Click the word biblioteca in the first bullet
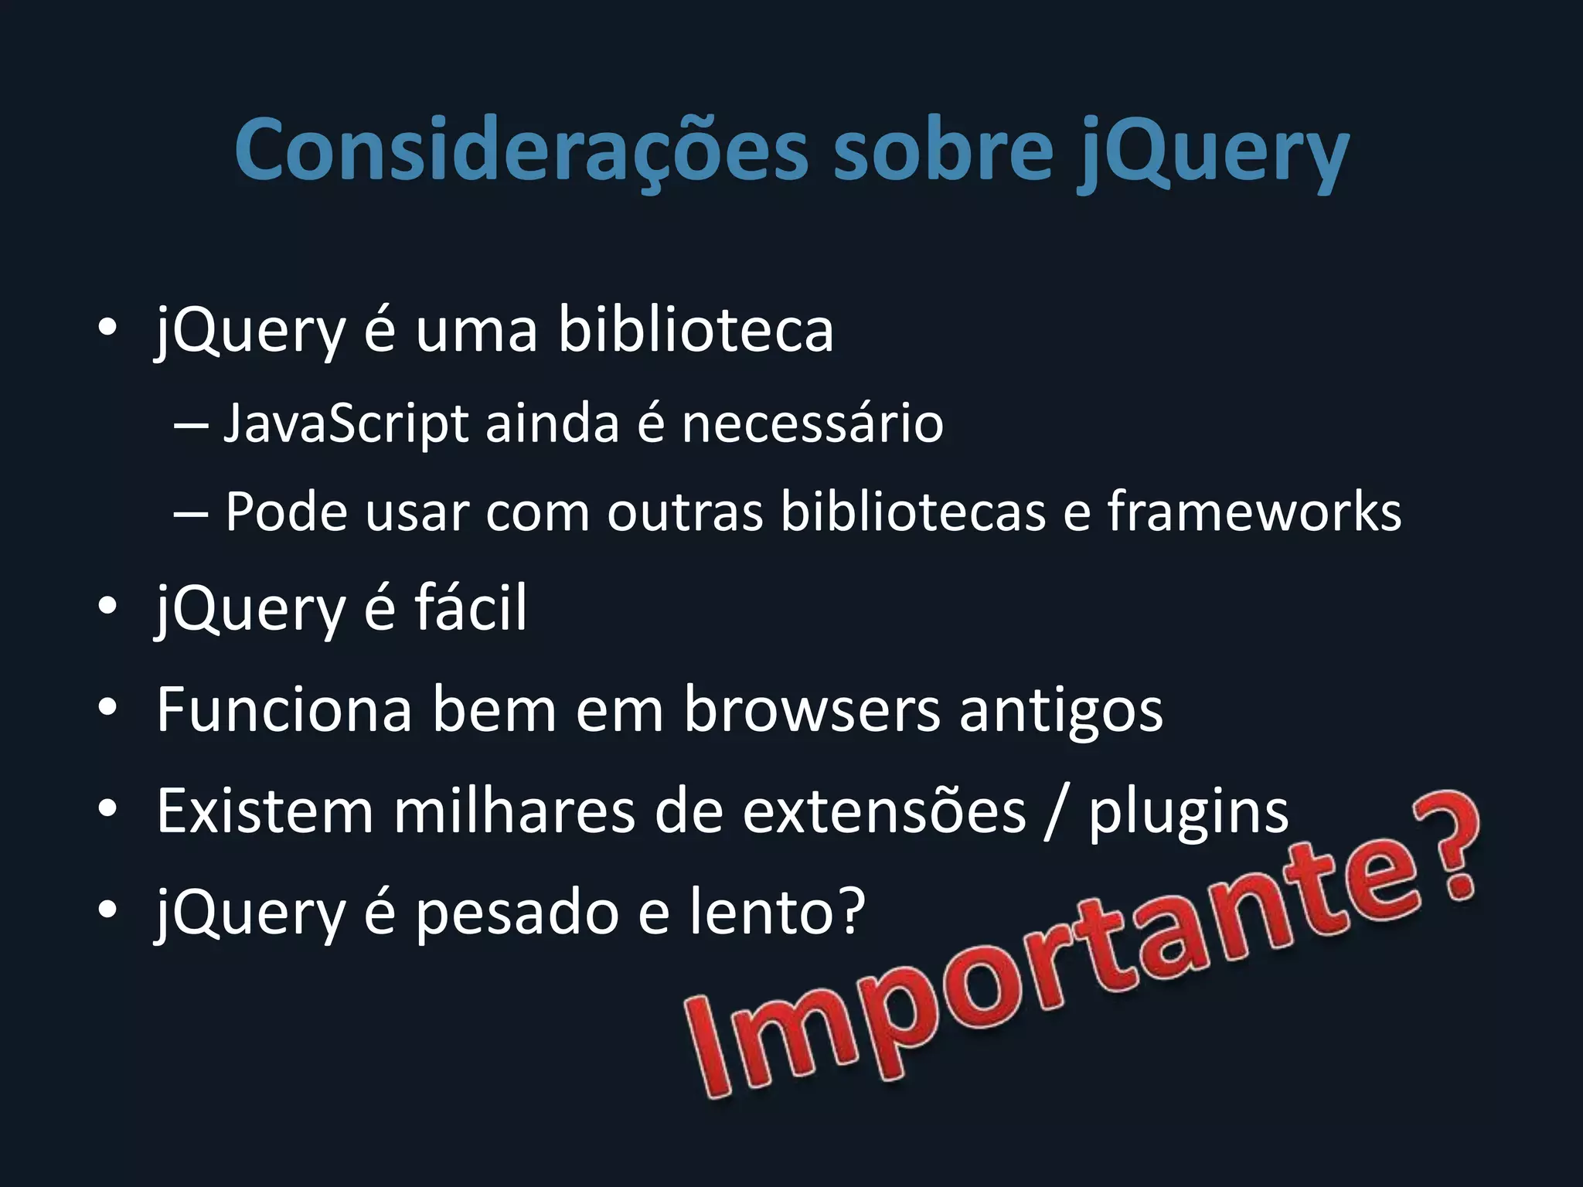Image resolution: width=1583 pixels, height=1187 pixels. pyautogui.click(x=696, y=330)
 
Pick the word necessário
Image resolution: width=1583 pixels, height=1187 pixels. pyautogui.click(x=812, y=424)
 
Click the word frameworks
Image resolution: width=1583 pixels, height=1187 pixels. pyautogui.click(x=1254, y=512)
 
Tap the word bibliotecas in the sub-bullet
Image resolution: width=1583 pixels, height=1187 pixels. pyautogui.click(x=913, y=512)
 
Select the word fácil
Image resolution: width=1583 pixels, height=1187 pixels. pyautogui.click(x=471, y=608)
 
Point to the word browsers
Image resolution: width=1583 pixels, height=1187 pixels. pyautogui.click(x=812, y=709)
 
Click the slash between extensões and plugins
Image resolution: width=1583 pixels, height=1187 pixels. pyautogui.click(x=1056, y=813)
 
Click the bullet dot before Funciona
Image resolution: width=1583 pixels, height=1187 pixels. pyautogui.click(x=107, y=708)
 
